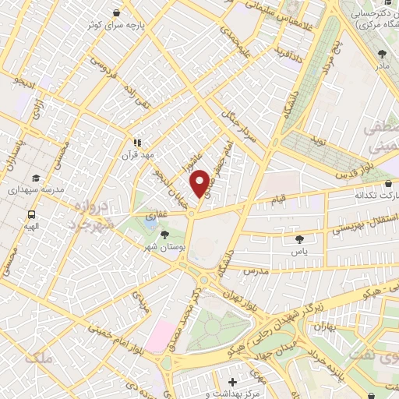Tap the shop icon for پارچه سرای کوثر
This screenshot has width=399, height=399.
[x=117, y=13]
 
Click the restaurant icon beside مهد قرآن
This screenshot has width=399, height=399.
[x=136, y=143]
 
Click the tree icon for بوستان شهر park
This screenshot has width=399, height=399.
[x=163, y=234]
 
